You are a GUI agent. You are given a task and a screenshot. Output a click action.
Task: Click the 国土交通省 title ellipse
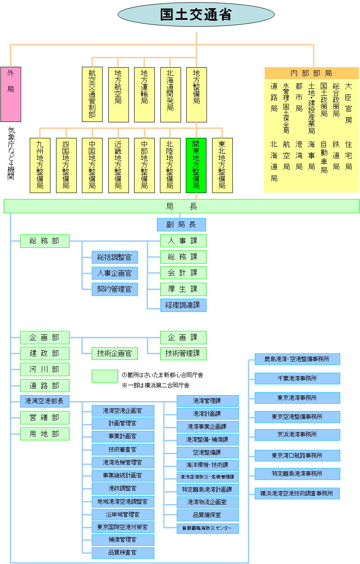click(196, 14)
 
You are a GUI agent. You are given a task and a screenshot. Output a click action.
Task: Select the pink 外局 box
click(11, 94)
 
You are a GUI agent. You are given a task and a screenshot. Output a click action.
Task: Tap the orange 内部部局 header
click(311, 73)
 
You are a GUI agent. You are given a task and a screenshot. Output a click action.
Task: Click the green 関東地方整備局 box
click(196, 165)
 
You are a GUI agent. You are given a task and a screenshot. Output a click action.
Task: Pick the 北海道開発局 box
click(170, 94)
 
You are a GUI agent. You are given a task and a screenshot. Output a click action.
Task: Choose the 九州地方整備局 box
click(40, 165)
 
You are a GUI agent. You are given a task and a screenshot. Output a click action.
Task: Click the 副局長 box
click(181, 224)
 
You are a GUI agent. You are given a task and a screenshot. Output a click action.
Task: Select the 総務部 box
click(45, 241)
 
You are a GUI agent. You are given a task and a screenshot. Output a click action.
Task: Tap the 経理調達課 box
click(183, 305)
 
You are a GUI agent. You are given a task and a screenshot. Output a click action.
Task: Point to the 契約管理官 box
click(115, 289)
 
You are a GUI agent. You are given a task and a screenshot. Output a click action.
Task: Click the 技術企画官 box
click(115, 354)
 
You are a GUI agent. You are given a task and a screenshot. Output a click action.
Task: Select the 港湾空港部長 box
click(45, 401)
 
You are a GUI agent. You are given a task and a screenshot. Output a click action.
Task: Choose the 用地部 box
click(45, 433)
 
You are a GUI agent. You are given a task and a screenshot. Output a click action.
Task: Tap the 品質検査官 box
click(123, 552)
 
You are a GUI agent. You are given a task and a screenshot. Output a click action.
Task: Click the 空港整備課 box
click(207, 452)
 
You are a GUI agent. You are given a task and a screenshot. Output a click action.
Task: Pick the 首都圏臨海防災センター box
click(207, 528)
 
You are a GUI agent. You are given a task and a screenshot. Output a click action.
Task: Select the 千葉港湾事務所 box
click(297, 378)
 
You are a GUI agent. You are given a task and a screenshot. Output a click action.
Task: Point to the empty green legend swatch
click(105, 376)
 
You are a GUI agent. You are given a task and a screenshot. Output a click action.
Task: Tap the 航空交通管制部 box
click(92, 94)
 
